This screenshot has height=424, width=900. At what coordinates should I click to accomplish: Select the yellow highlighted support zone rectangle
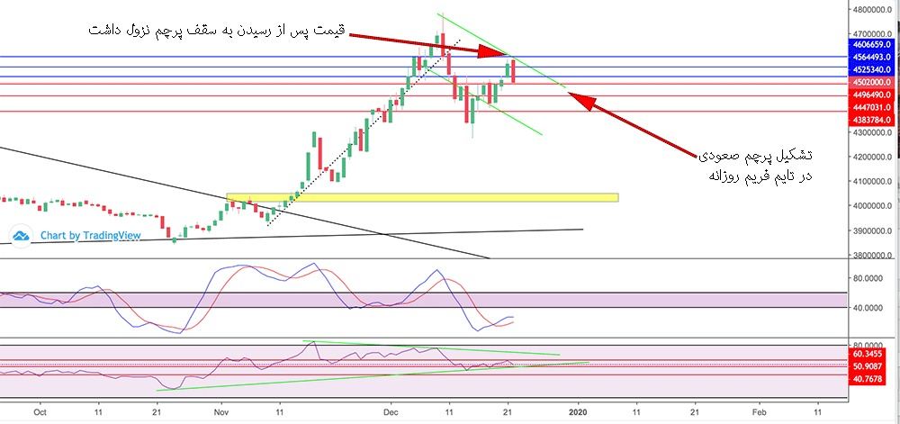pyautogui.click(x=422, y=197)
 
